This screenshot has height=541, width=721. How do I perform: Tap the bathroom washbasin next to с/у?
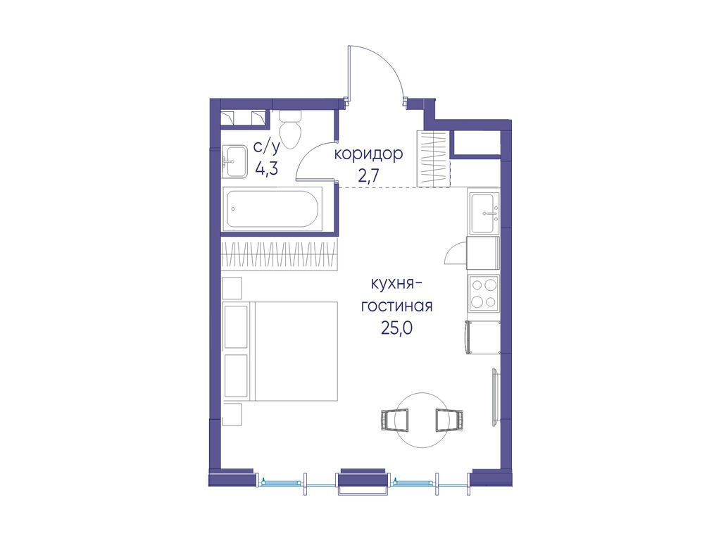235,161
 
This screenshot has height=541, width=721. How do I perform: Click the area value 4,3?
267,169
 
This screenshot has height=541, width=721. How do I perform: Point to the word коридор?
368,154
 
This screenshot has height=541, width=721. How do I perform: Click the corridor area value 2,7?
368,176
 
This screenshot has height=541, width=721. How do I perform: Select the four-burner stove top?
484,292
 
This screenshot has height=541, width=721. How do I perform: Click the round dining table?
421,420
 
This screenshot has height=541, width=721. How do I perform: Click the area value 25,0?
396,328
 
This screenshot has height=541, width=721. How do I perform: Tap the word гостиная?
396,306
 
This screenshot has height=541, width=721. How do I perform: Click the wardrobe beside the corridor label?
434,158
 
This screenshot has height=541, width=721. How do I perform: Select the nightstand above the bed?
232,288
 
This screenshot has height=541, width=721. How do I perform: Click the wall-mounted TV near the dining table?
495,397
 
